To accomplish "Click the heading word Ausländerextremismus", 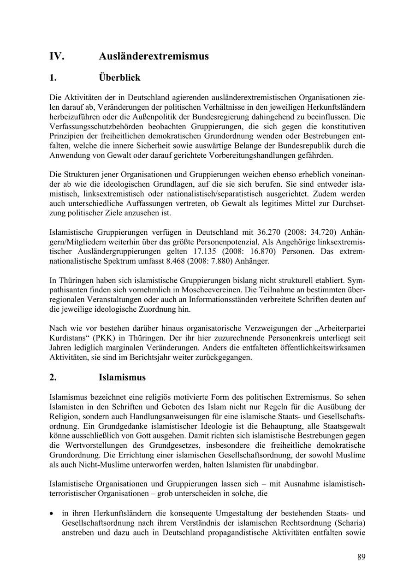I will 154,56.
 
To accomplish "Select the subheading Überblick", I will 119,77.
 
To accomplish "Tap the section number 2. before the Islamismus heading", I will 53,377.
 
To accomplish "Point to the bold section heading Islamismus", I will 122,377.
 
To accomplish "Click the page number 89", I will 361,557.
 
